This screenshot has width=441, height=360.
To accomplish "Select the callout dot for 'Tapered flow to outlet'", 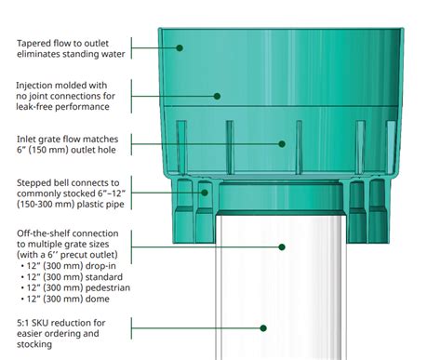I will (x=180, y=47).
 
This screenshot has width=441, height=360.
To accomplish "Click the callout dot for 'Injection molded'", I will (x=218, y=95).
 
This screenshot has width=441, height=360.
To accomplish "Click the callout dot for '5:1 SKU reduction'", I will (x=264, y=327).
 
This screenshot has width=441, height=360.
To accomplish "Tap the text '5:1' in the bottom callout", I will (x=25, y=321).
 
